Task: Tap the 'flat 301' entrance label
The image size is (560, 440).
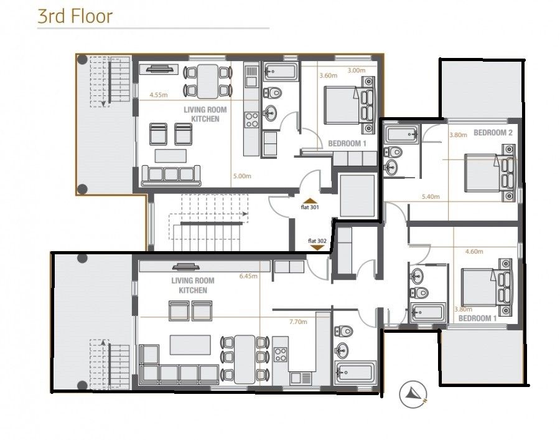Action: point(310,208)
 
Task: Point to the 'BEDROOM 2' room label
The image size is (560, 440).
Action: point(493,133)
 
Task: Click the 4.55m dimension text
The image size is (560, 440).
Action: point(159,95)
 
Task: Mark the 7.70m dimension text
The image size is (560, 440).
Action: point(298,322)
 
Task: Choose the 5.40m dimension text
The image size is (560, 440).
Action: point(431,196)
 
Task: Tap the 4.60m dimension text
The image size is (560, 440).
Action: point(475,251)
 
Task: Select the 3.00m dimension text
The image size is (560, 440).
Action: point(356,70)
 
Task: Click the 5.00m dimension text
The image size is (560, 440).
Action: point(241,176)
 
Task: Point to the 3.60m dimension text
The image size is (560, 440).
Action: point(328,76)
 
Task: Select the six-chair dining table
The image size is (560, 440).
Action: point(245,360)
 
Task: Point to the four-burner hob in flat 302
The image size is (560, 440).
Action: point(281,355)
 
